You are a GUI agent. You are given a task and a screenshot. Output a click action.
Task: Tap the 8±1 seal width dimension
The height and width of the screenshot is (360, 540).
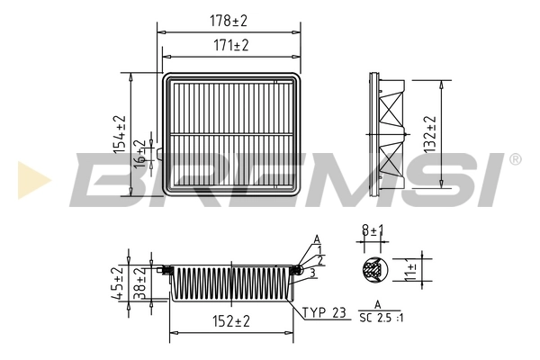click(x=370, y=231)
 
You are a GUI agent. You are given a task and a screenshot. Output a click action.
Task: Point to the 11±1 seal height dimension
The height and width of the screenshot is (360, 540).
click(x=410, y=269)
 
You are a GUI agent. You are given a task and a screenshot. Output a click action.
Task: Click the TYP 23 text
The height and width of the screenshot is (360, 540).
click(x=325, y=312)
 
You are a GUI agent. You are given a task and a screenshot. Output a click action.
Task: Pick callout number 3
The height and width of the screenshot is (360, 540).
click(x=311, y=272)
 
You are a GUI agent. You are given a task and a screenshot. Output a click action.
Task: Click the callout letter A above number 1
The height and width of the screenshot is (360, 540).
click(x=317, y=238)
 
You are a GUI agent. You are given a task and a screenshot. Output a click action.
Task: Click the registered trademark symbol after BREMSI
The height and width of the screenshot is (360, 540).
click(x=514, y=160)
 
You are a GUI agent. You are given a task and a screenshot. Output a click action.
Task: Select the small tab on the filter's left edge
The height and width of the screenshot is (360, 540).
click(x=160, y=155)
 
